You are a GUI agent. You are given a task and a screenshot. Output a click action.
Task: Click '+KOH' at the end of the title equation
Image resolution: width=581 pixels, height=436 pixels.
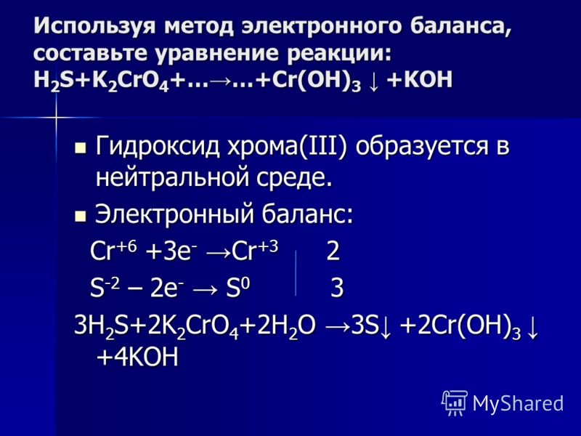click(420, 79)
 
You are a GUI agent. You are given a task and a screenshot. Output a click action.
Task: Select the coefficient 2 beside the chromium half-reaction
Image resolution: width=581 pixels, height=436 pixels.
click(333, 251)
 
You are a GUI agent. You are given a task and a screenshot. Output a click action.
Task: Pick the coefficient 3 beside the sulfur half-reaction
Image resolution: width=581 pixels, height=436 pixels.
click(337, 288)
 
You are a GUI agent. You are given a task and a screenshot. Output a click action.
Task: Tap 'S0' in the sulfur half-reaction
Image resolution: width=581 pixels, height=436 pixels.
click(238, 287)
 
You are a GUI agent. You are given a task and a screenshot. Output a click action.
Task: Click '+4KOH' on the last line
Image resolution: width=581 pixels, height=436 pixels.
click(137, 357)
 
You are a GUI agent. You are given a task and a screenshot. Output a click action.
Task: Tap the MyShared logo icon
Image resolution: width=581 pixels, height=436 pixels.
click(455, 403)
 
